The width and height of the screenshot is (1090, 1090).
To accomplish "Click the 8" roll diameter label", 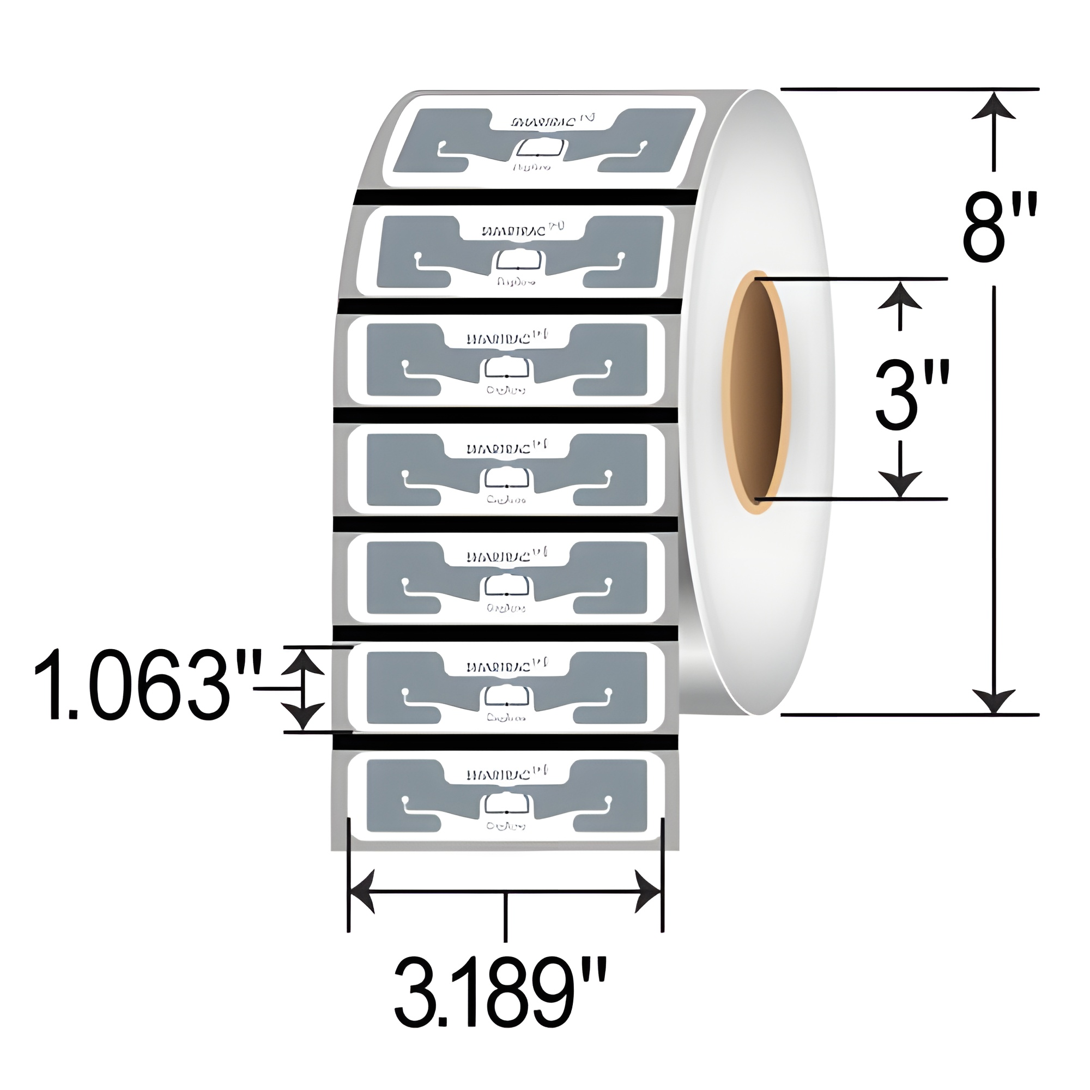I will point(999,227).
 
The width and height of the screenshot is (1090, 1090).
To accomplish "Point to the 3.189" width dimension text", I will point(500,1000).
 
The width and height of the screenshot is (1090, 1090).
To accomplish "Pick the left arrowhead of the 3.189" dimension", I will point(364,892).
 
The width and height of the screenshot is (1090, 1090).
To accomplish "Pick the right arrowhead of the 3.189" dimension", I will point(647,892).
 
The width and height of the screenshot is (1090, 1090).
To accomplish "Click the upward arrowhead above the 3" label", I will point(900,295).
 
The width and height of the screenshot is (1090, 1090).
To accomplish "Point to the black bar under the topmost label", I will point(525,197).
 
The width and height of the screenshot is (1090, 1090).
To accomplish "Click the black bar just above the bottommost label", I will point(506,743).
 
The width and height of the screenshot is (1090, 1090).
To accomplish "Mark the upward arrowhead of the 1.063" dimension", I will point(303,662).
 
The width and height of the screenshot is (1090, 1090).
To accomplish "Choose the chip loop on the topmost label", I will point(541,149).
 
